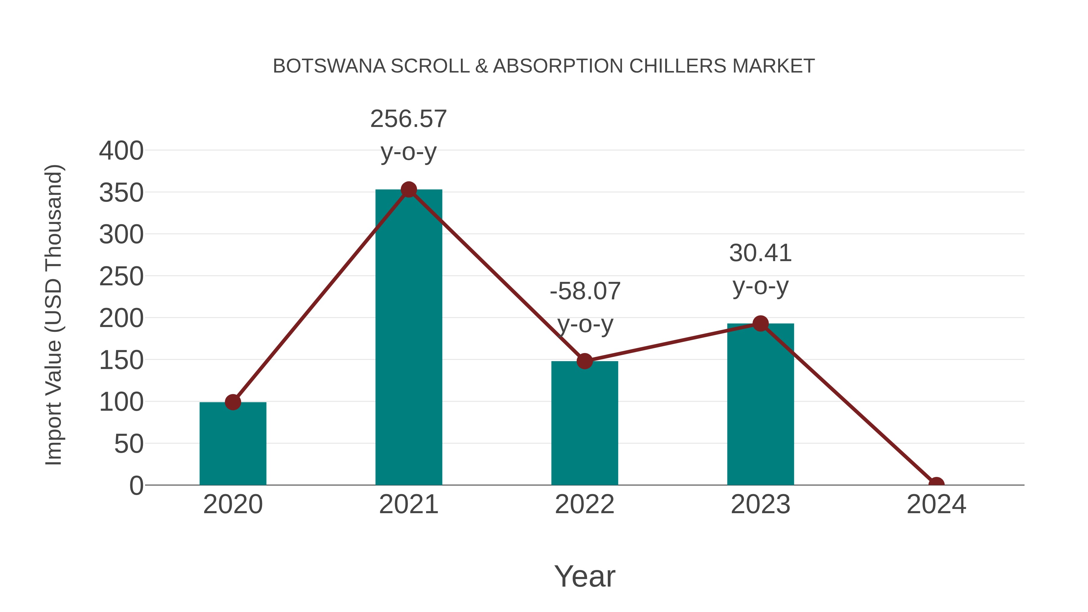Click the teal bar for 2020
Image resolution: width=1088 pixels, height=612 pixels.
tap(233, 443)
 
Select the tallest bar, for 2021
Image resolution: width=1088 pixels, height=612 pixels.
tap(408, 338)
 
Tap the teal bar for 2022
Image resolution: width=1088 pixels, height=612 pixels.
tap(584, 423)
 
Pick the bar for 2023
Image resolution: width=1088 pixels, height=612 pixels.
tap(760, 406)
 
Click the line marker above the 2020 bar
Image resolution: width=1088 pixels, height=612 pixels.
tap(233, 402)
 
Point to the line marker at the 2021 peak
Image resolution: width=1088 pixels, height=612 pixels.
tap(408, 189)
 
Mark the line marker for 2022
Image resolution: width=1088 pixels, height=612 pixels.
tap(584, 361)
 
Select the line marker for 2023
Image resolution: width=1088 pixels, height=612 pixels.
tap(760, 323)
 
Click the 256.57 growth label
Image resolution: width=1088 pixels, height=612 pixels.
tap(408, 119)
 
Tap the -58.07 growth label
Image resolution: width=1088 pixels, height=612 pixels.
tap(585, 291)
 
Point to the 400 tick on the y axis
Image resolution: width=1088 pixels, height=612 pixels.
tap(121, 151)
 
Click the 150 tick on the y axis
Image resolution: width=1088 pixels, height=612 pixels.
tap(121, 360)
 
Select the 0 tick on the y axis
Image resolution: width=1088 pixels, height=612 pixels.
tap(136, 486)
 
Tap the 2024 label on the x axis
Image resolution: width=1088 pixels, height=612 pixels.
tap(936, 504)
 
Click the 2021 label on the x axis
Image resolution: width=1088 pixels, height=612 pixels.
tap(408, 504)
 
